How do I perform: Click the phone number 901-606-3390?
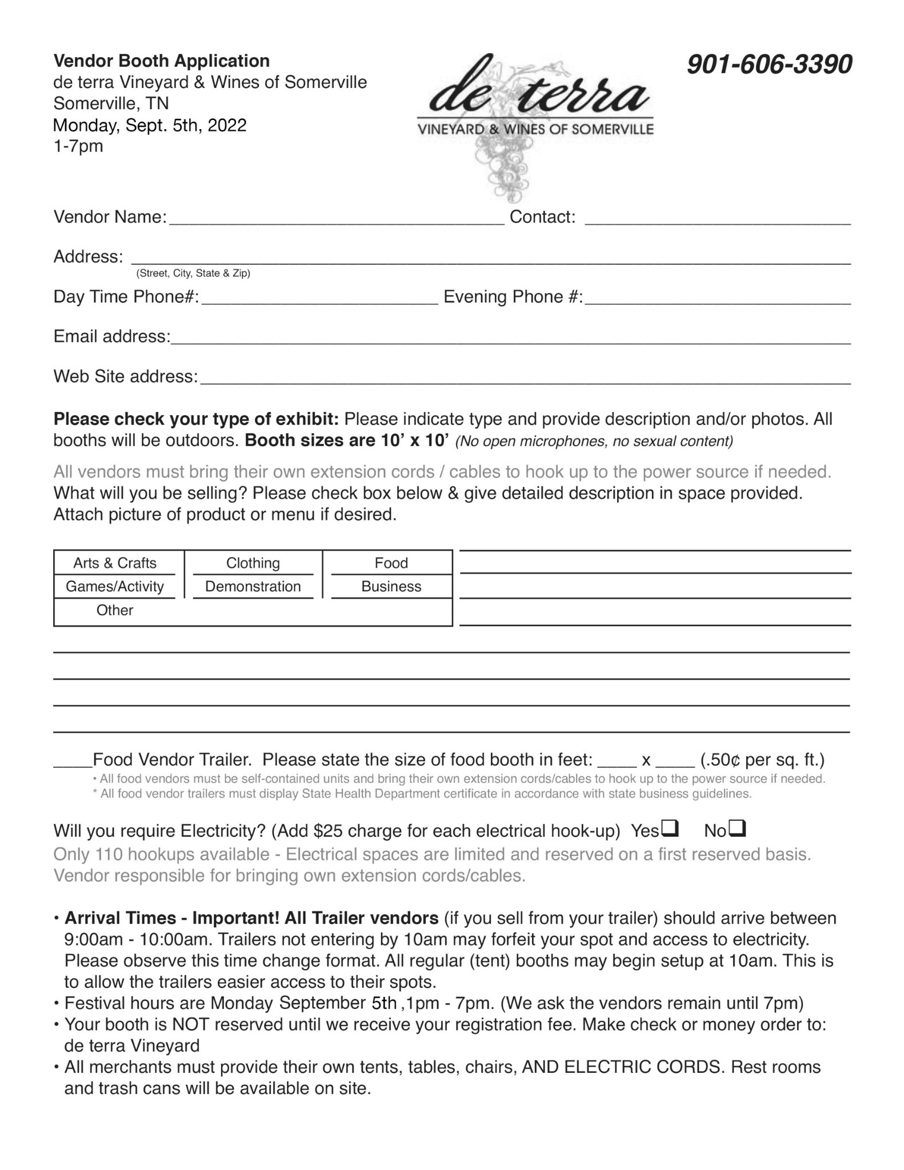click(769, 65)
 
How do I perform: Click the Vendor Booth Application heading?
click(161, 61)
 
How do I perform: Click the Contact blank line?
click(718, 219)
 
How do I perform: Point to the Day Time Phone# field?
click(319, 299)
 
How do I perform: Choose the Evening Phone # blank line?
click(718, 299)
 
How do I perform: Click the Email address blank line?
click(510, 339)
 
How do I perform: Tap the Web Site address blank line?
click(525, 379)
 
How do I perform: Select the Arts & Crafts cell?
click(115, 563)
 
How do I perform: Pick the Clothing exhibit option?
click(253, 563)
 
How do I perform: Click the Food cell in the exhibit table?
click(391, 563)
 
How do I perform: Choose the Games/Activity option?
click(115, 587)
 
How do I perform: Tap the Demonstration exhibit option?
click(253, 587)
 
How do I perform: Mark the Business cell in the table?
click(391, 587)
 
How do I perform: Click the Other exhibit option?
click(115, 611)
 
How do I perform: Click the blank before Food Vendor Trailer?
click(73, 762)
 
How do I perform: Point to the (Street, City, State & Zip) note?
click(193, 273)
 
